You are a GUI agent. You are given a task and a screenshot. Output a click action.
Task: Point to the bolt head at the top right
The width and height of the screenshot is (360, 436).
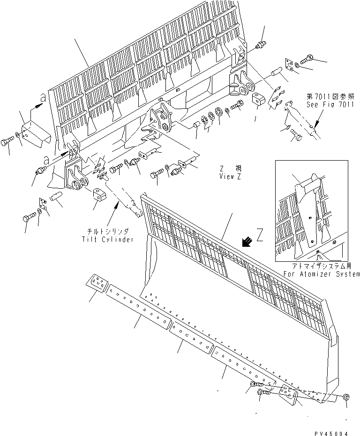pos(311,60)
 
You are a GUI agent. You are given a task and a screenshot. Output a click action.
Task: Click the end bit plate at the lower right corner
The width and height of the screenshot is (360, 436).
pos(289,394)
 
